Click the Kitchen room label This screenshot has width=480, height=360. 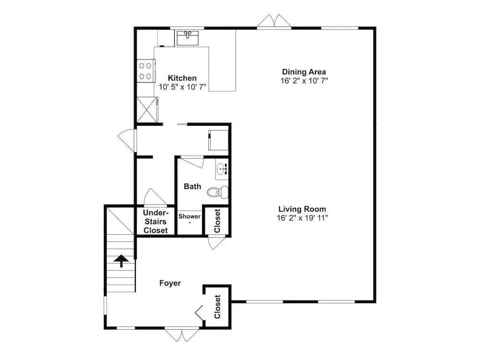click(x=182, y=78)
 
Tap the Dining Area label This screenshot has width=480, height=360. click(x=304, y=72)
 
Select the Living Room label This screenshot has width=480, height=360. click(x=302, y=209)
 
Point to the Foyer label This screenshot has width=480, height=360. click(x=170, y=283)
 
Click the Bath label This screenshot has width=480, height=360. click(x=192, y=186)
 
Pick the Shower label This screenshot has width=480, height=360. click(x=190, y=216)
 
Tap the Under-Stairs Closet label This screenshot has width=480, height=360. click(x=156, y=222)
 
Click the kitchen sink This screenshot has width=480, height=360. click(x=188, y=37)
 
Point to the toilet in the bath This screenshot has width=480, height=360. click(x=217, y=192)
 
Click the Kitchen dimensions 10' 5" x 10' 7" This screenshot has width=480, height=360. click(x=182, y=87)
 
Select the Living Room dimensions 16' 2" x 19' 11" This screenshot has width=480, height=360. click(x=302, y=218)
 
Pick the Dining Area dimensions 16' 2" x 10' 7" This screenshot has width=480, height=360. click(x=304, y=81)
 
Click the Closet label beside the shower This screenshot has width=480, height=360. click(x=217, y=221)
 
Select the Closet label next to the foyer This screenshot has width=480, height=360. click(x=217, y=307)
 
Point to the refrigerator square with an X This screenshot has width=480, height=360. click(x=147, y=109)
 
